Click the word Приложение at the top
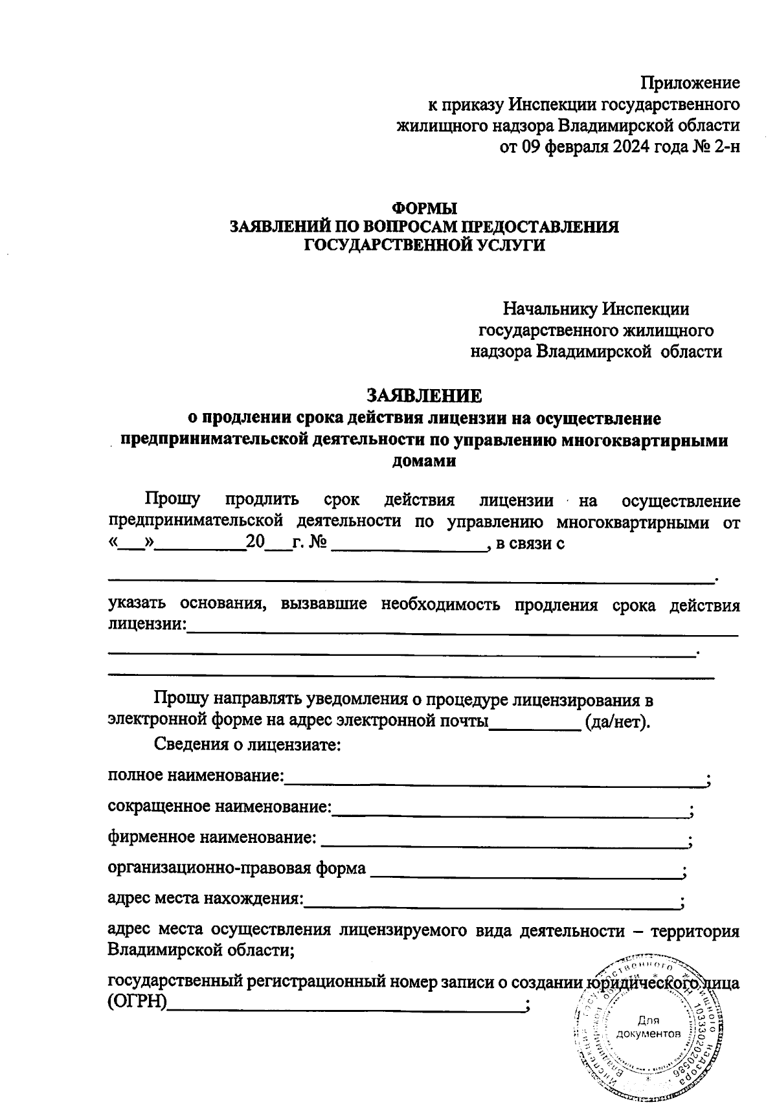click(x=690, y=83)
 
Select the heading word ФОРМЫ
click(x=425, y=209)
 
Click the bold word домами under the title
click(x=424, y=462)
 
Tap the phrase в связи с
click(x=530, y=543)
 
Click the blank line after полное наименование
click(x=495, y=779)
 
